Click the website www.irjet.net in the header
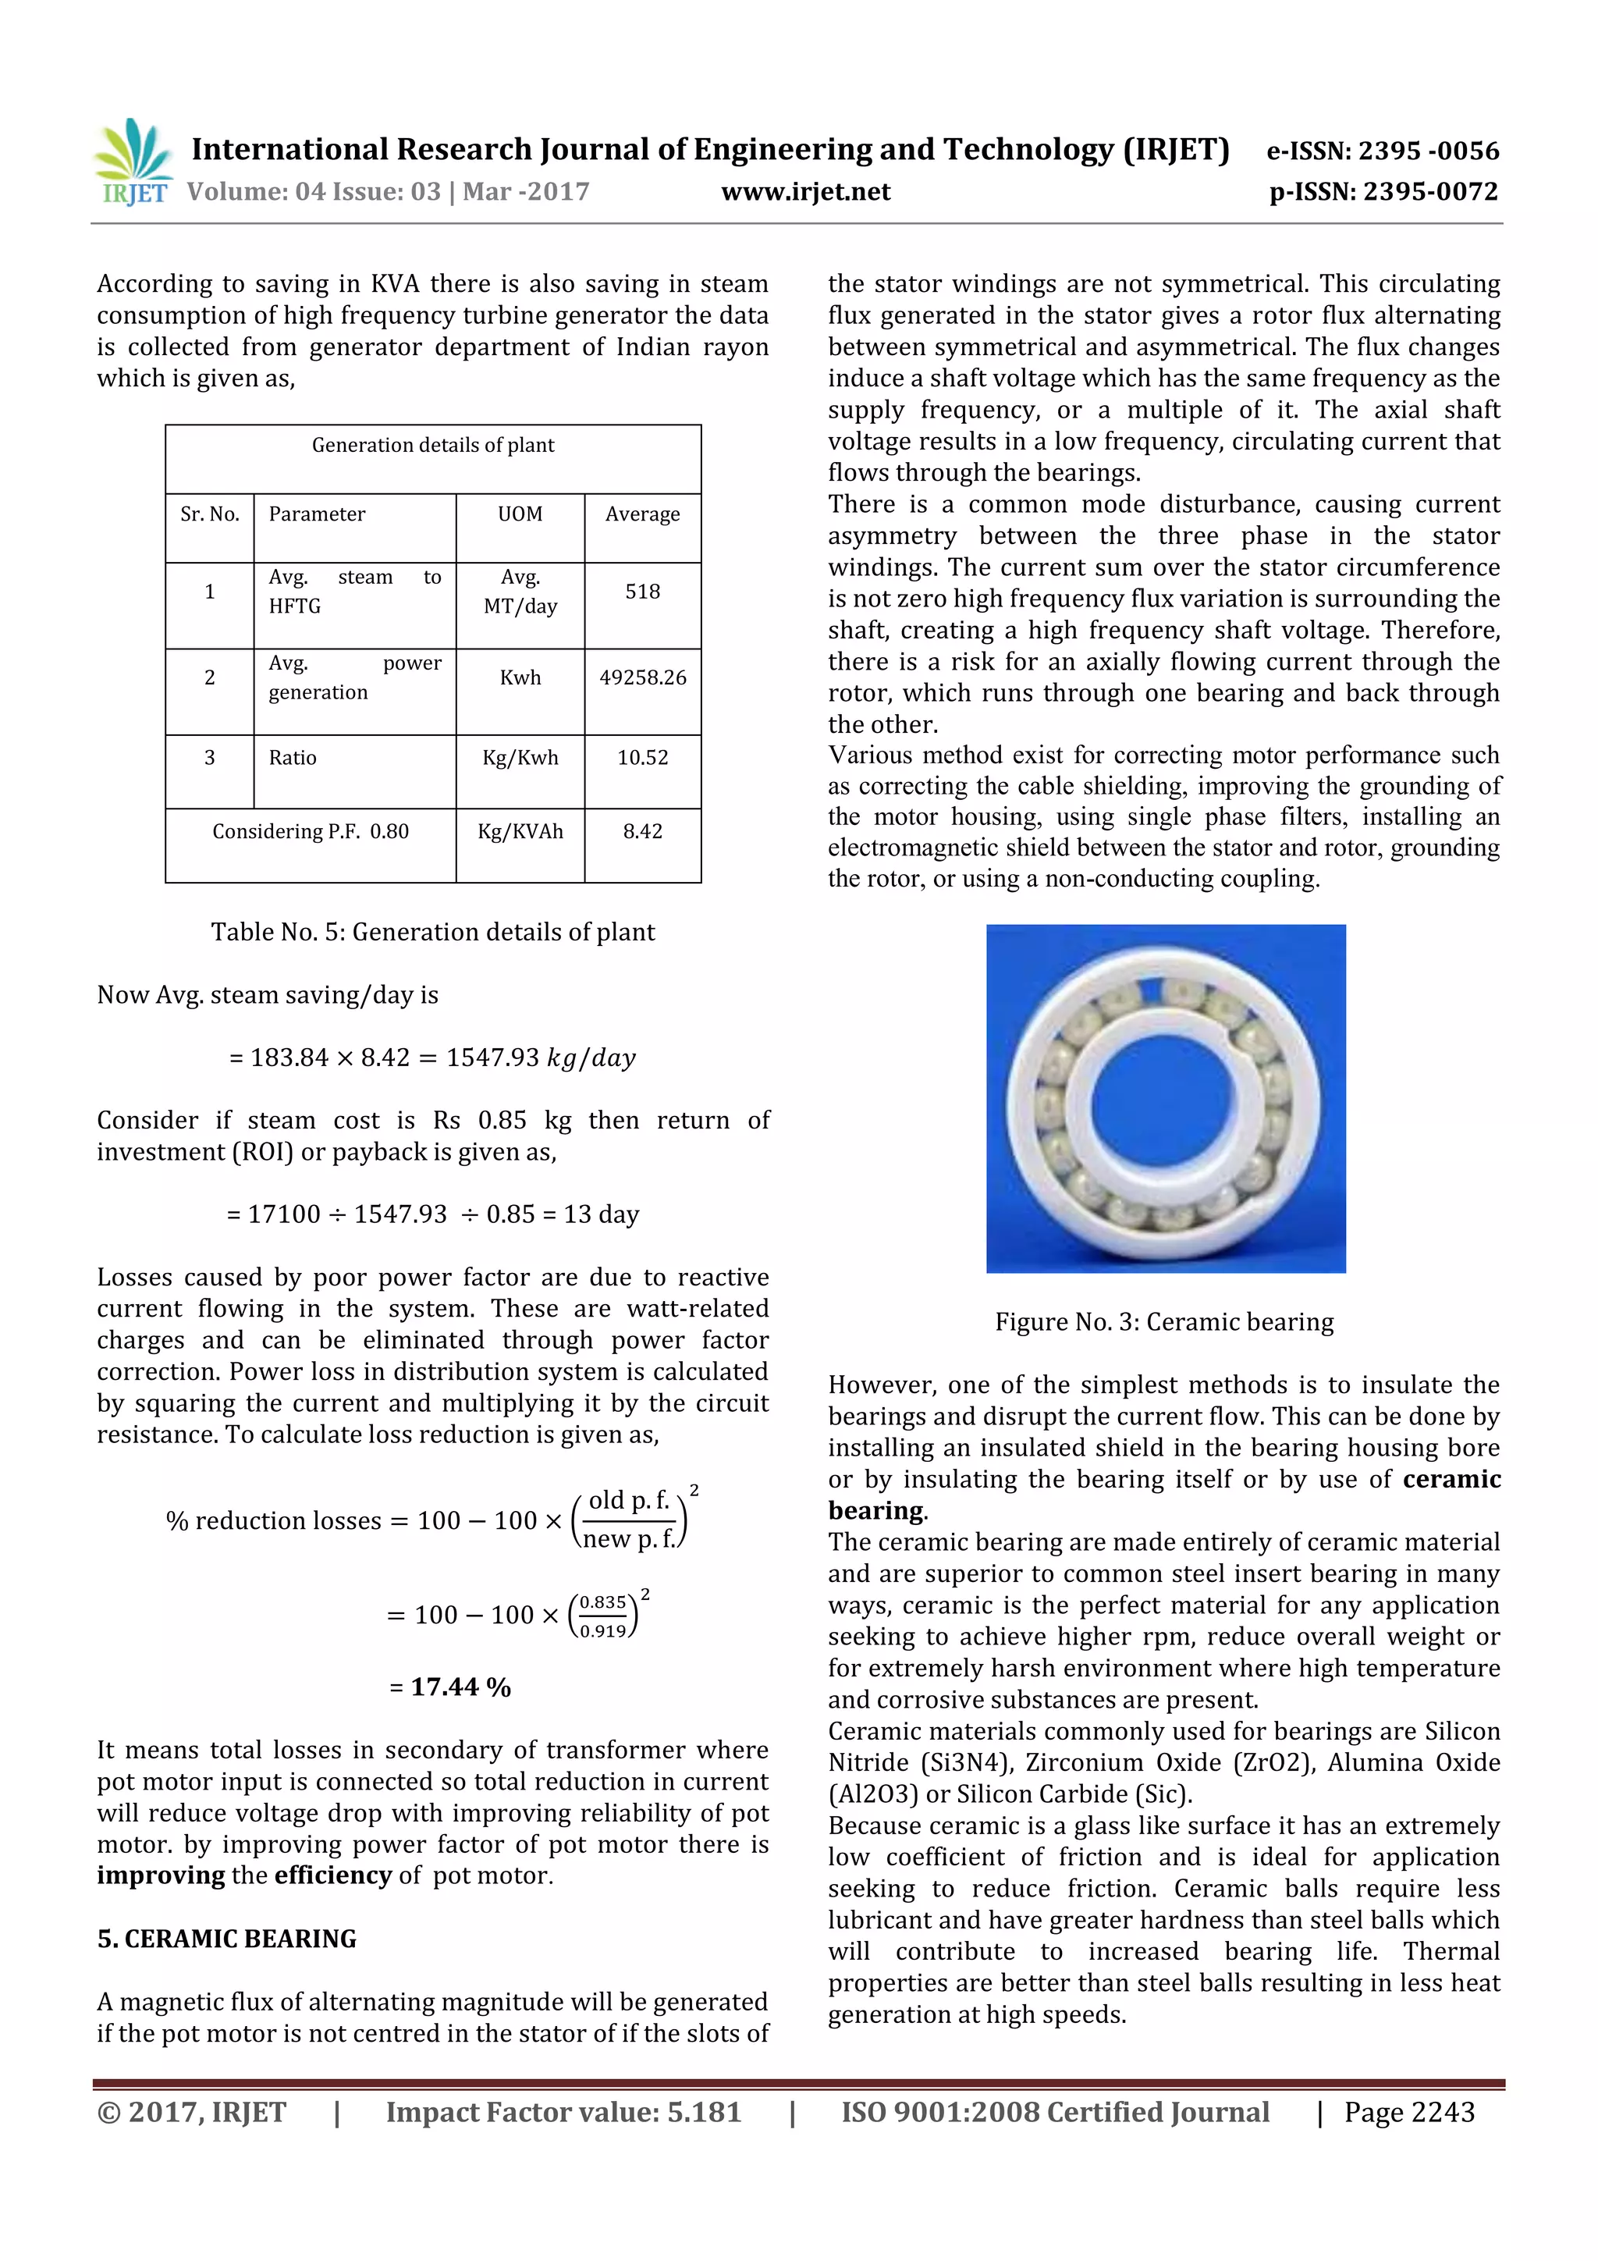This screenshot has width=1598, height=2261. tap(805, 192)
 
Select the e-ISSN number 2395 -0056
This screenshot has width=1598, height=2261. tap(1428, 151)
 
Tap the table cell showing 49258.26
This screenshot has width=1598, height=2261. tap(642, 677)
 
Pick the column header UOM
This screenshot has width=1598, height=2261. tap(520, 514)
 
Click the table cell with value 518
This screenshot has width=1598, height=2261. tap(642, 592)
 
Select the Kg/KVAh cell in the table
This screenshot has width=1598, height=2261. tap(520, 832)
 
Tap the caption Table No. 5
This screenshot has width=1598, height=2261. tap(432, 933)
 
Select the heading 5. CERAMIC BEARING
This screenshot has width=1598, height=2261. tap(226, 1939)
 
